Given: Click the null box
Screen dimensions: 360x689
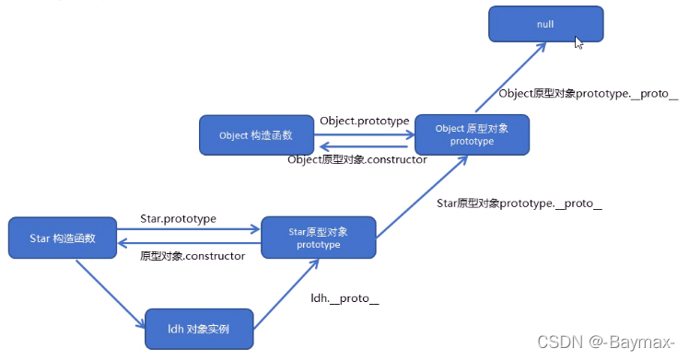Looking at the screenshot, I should pos(545,23).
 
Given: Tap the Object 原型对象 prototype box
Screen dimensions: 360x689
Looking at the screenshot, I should pos(472,134).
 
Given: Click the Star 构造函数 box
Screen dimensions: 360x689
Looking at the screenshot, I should pos(63,238).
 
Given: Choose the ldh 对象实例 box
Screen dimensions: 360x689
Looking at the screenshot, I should pos(197,329).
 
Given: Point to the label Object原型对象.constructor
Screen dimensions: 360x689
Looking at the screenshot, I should pos(356,159).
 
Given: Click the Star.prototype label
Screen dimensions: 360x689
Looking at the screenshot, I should pos(178,219).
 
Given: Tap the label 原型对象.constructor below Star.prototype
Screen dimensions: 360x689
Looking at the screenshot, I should pos(192,256).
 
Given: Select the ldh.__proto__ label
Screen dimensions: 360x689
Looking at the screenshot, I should pos(344,298).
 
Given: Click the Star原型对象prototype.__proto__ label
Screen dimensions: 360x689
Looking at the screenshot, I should pos(518,203).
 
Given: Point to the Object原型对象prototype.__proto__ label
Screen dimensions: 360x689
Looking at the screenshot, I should pos(588,94).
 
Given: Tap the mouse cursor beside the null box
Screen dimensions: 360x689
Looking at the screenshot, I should pos(578,41).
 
